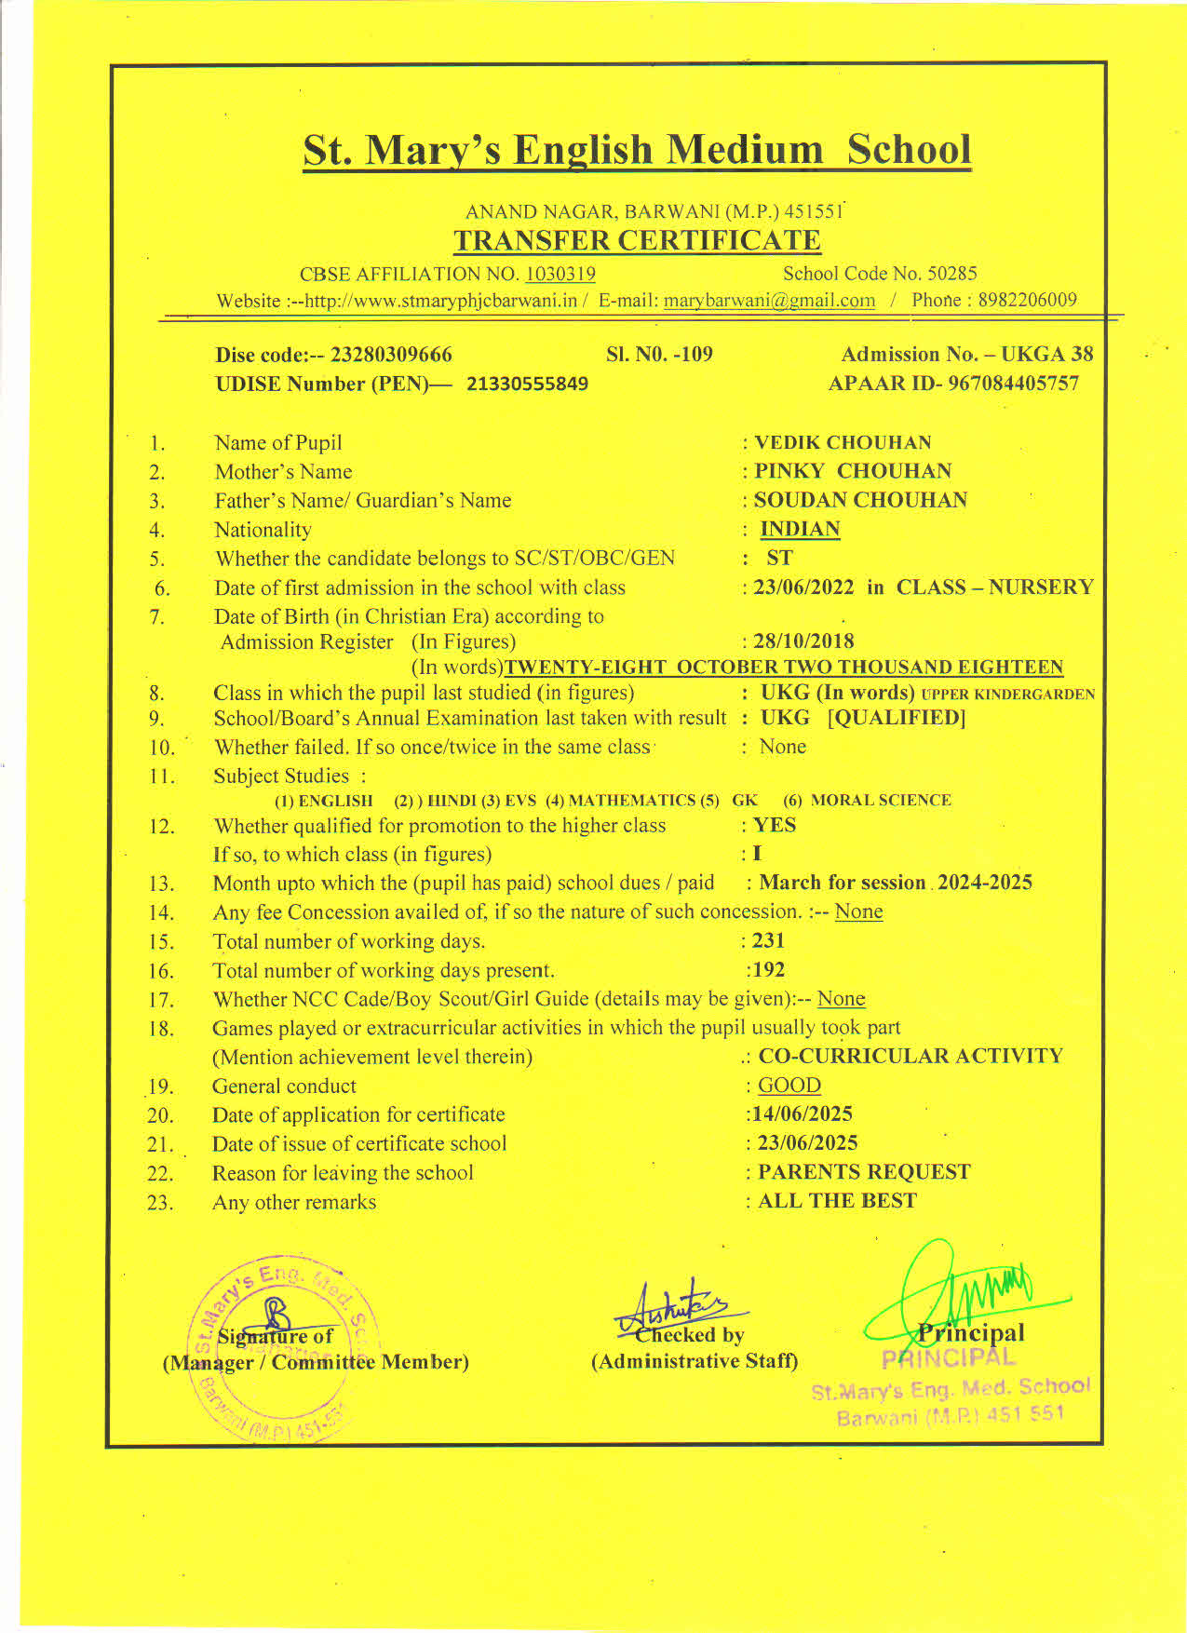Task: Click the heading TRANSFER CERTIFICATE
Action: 637,240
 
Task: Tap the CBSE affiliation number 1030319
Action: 560,274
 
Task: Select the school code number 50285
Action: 952,274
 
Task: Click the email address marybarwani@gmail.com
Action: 769,301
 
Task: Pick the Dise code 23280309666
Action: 391,355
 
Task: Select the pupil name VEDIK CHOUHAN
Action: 843,442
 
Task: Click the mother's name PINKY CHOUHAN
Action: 852,471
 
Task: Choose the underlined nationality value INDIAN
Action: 800,529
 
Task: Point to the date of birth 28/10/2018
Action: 803,641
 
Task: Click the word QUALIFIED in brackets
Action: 897,718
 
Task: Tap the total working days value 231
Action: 768,940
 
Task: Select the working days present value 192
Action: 768,970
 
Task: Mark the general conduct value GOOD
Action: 789,1086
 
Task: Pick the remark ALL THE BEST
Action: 837,1201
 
